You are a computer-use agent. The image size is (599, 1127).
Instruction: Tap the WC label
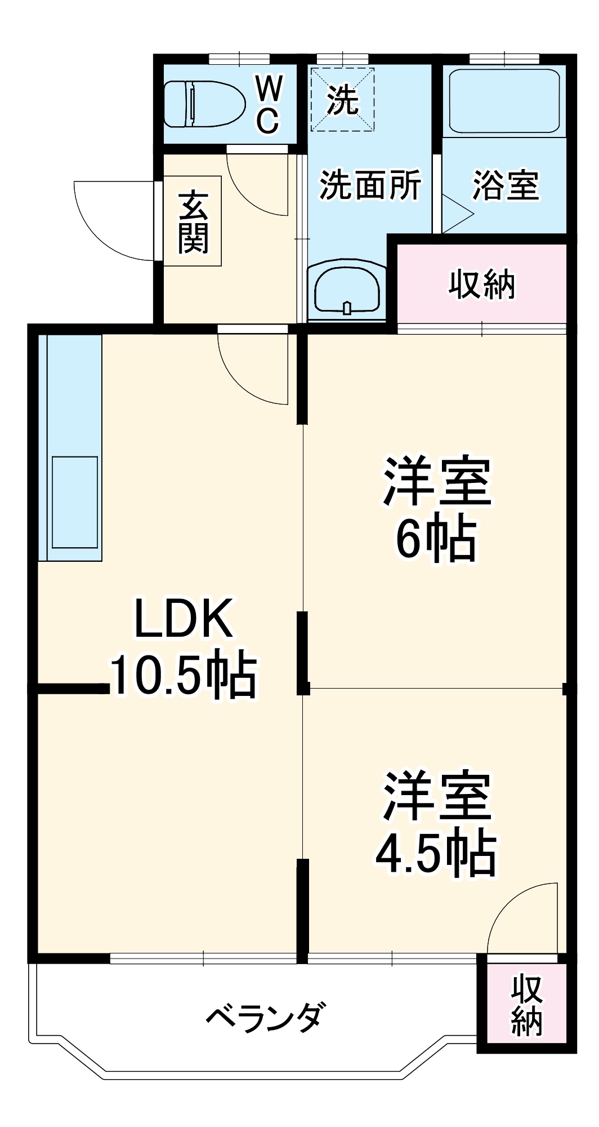point(269,104)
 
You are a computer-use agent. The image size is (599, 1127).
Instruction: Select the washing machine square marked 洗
point(342,100)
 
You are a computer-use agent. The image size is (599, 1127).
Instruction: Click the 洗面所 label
point(370,185)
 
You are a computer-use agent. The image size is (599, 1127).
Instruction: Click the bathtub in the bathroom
point(504,101)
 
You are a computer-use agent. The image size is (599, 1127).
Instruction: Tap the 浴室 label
point(506,185)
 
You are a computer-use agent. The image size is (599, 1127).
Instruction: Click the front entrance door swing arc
point(107,225)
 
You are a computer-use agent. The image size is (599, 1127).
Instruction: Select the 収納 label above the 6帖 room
point(482,285)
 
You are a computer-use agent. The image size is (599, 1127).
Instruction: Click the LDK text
point(183,619)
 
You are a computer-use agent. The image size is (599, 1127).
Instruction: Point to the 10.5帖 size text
point(183,676)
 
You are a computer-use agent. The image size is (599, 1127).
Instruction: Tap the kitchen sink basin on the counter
point(75,502)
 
